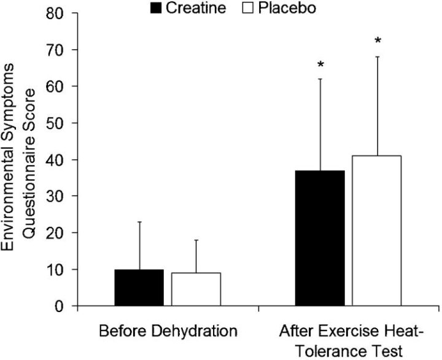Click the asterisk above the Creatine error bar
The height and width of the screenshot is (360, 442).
point(320,65)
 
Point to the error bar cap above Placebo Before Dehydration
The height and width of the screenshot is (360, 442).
point(196,240)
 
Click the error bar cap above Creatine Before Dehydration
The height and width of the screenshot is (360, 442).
point(139,222)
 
